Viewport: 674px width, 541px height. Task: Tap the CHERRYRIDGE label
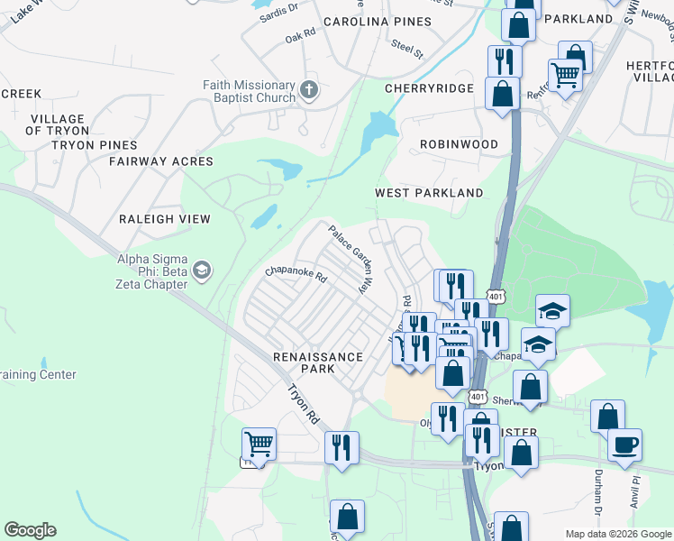click(x=429, y=88)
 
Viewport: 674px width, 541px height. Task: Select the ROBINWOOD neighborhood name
click(x=459, y=144)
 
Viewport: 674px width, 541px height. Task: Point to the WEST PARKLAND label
click(x=429, y=193)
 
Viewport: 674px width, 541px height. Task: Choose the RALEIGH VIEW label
click(x=165, y=219)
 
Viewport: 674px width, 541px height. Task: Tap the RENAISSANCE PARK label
click(x=318, y=363)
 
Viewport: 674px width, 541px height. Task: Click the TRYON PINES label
click(x=95, y=144)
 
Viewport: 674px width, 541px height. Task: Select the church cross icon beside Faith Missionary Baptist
click(x=309, y=90)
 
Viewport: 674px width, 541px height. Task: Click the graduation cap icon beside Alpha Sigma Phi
click(x=203, y=270)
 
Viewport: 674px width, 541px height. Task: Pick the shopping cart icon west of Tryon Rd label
click(x=259, y=443)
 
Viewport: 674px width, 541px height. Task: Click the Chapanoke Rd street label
click(x=296, y=275)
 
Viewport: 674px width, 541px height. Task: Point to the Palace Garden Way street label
click(x=350, y=260)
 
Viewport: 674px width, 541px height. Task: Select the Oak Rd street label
click(x=300, y=37)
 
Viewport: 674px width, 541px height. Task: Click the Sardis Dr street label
click(x=278, y=11)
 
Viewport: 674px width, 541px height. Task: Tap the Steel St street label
click(x=406, y=48)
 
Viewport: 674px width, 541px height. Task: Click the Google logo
click(x=30, y=530)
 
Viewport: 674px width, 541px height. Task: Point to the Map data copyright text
click(x=617, y=534)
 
